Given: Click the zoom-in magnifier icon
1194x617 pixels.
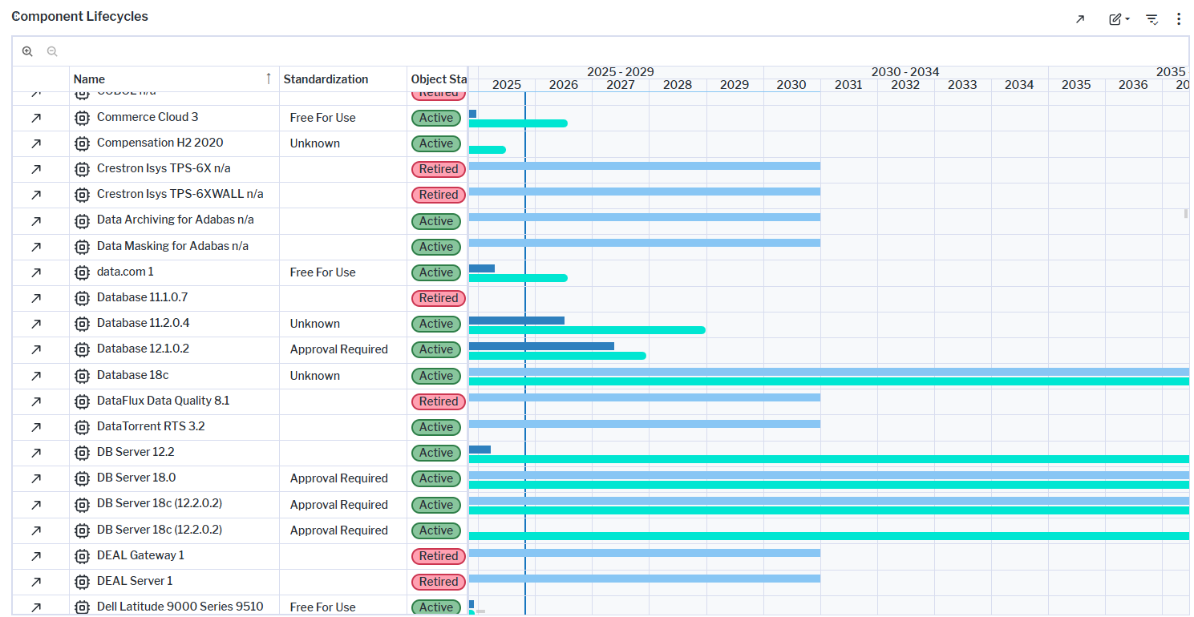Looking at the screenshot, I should tap(27, 51).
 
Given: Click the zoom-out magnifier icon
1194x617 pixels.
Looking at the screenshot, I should tap(52, 51).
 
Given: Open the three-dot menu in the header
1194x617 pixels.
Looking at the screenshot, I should tap(1178, 19).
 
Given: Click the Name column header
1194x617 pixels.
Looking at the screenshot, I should tap(89, 79).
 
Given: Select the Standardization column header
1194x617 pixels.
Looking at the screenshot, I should tap(326, 79).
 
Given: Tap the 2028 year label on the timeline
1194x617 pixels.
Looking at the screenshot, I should tap(678, 85).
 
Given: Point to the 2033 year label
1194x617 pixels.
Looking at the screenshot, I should tap(962, 85).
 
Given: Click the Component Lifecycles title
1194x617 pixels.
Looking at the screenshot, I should tap(79, 16).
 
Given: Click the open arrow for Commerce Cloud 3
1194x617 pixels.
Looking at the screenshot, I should tap(36, 118).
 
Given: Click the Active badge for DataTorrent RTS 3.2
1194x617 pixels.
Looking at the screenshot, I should tap(436, 427).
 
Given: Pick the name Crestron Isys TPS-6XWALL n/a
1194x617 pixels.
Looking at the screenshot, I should tap(180, 194).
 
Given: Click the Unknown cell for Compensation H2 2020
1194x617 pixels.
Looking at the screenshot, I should tap(315, 143).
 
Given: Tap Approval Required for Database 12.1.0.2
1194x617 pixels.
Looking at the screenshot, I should tap(339, 349).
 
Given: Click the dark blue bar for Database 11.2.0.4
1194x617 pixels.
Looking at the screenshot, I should tap(516, 321).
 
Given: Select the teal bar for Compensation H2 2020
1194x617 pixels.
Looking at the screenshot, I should tap(487, 150).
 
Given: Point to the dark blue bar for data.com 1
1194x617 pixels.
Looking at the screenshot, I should tap(481, 268).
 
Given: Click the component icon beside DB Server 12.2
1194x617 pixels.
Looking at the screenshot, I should tap(82, 453).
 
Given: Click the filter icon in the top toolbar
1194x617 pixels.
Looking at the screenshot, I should tap(1152, 19).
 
